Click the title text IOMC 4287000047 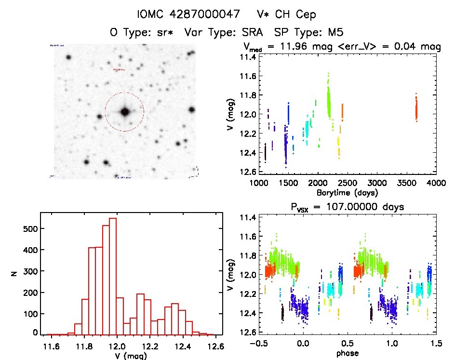188,14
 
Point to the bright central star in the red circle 125,112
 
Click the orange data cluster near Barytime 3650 416,108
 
